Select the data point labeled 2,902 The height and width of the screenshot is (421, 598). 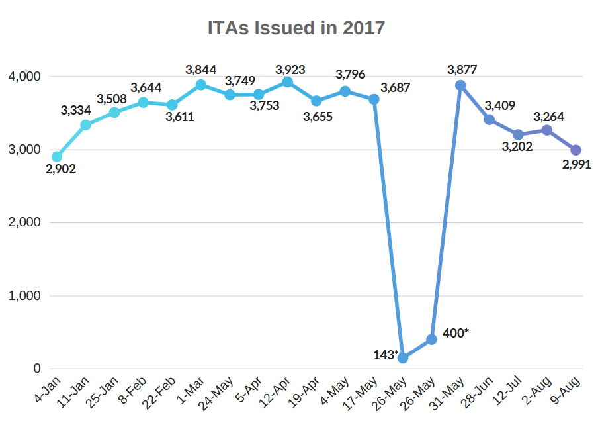point(57,157)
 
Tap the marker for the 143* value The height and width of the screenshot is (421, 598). point(402,358)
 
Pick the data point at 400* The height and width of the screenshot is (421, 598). point(431,339)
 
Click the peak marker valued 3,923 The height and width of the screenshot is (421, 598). point(287,82)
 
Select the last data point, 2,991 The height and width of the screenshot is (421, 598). point(576,150)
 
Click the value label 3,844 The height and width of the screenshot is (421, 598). point(201,70)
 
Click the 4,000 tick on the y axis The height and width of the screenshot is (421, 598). point(25,77)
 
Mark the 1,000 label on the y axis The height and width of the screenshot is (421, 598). point(25,296)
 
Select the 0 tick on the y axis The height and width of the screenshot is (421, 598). point(37,369)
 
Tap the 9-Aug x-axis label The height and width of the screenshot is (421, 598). point(567,391)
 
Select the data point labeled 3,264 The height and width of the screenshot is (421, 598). point(546,130)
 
